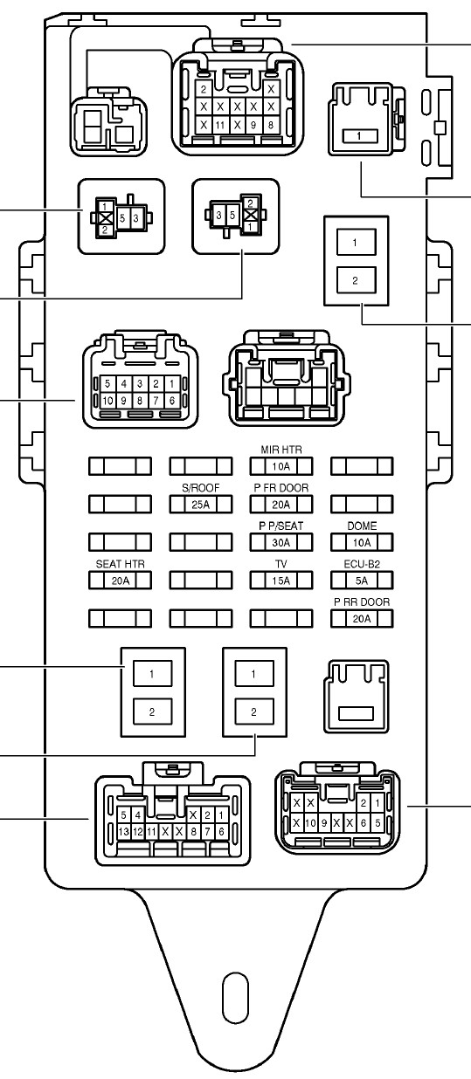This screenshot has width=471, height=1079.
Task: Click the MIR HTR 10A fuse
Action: (x=281, y=466)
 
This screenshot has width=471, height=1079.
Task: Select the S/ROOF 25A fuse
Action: (x=201, y=505)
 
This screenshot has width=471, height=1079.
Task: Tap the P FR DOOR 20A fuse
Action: (x=281, y=505)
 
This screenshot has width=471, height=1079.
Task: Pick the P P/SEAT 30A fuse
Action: (x=281, y=542)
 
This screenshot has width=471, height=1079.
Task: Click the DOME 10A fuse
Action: (x=362, y=542)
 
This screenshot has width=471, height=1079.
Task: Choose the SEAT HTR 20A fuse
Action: (x=120, y=581)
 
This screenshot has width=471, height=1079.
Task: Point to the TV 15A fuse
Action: (x=281, y=581)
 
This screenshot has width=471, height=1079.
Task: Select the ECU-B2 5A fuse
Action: (x=362, y=581)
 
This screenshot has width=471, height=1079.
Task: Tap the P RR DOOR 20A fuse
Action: (x=362, y=618)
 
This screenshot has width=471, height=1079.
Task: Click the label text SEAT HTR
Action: (x=120, y=564)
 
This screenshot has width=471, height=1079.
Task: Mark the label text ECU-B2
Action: (x=362, y=564)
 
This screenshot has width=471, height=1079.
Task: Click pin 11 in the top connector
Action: (x=220, y=125)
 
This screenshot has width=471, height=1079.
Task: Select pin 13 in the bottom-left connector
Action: (x=124, y=831)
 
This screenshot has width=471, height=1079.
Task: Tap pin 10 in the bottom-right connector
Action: (x=310, y=822)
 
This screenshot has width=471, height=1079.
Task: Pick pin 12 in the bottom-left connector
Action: (x=138, y=831)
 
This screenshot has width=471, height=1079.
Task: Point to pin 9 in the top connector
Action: (x=253, y=125)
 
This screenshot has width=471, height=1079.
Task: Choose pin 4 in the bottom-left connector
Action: (x=138, y=815)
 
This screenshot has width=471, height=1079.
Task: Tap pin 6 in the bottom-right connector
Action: (x=364, y=822)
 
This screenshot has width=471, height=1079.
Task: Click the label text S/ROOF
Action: (x=201, y=488)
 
